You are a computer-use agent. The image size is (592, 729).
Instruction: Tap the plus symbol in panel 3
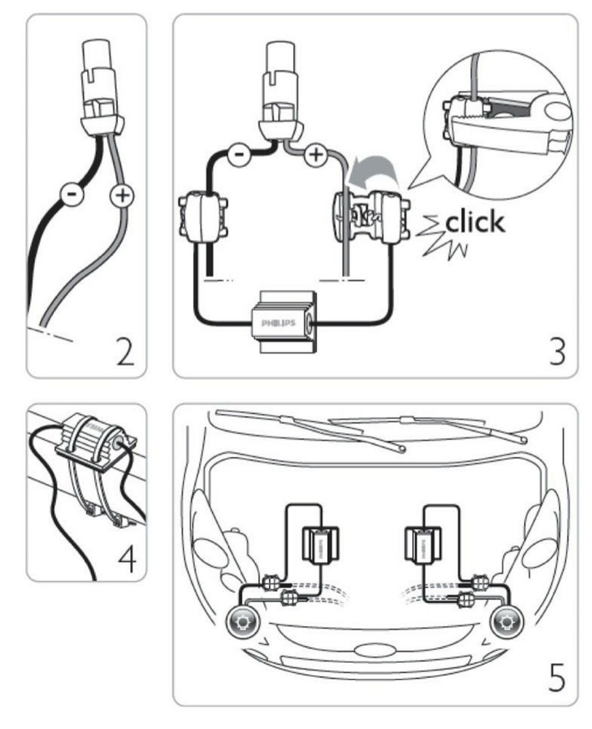point(316,156)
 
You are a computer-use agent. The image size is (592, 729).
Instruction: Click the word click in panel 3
point(474,221)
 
